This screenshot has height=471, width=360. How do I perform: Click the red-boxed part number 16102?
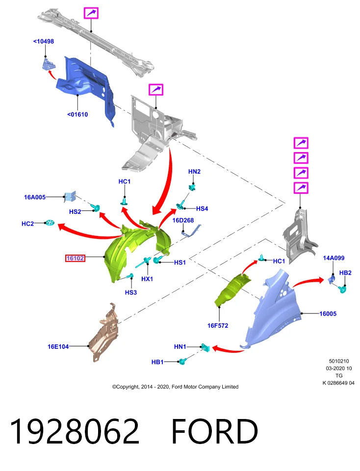tap(75, 258)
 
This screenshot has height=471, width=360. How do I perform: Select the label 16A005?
tap(35, 197)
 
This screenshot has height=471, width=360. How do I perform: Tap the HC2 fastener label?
tap(27, 224)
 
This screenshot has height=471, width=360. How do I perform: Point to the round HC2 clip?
tap(50, 223)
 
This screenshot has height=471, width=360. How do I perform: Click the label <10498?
tap(44, 41)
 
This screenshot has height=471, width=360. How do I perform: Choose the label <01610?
tap(77, 114)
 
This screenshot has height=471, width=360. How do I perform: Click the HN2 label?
tap(194, 172)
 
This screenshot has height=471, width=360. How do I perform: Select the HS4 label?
tap(202, 209)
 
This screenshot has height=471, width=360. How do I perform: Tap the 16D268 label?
tap(183, 220)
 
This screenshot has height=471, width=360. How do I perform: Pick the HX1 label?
tap(147, 279)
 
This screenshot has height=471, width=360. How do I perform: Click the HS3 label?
tap(131, 292)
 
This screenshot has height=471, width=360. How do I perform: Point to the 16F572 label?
tap(218, 325)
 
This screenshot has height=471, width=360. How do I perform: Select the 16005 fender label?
tap(328, 314)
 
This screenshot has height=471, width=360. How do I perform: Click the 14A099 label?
tap(334, 258)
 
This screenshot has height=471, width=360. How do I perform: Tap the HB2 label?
tap(345, 273)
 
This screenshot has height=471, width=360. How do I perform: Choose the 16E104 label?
tap(58, 346)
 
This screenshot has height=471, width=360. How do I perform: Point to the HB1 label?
tap(157, 362)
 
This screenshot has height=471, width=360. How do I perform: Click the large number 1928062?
tap(75, 431)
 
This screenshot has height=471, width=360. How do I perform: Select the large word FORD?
tap(214, 431)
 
